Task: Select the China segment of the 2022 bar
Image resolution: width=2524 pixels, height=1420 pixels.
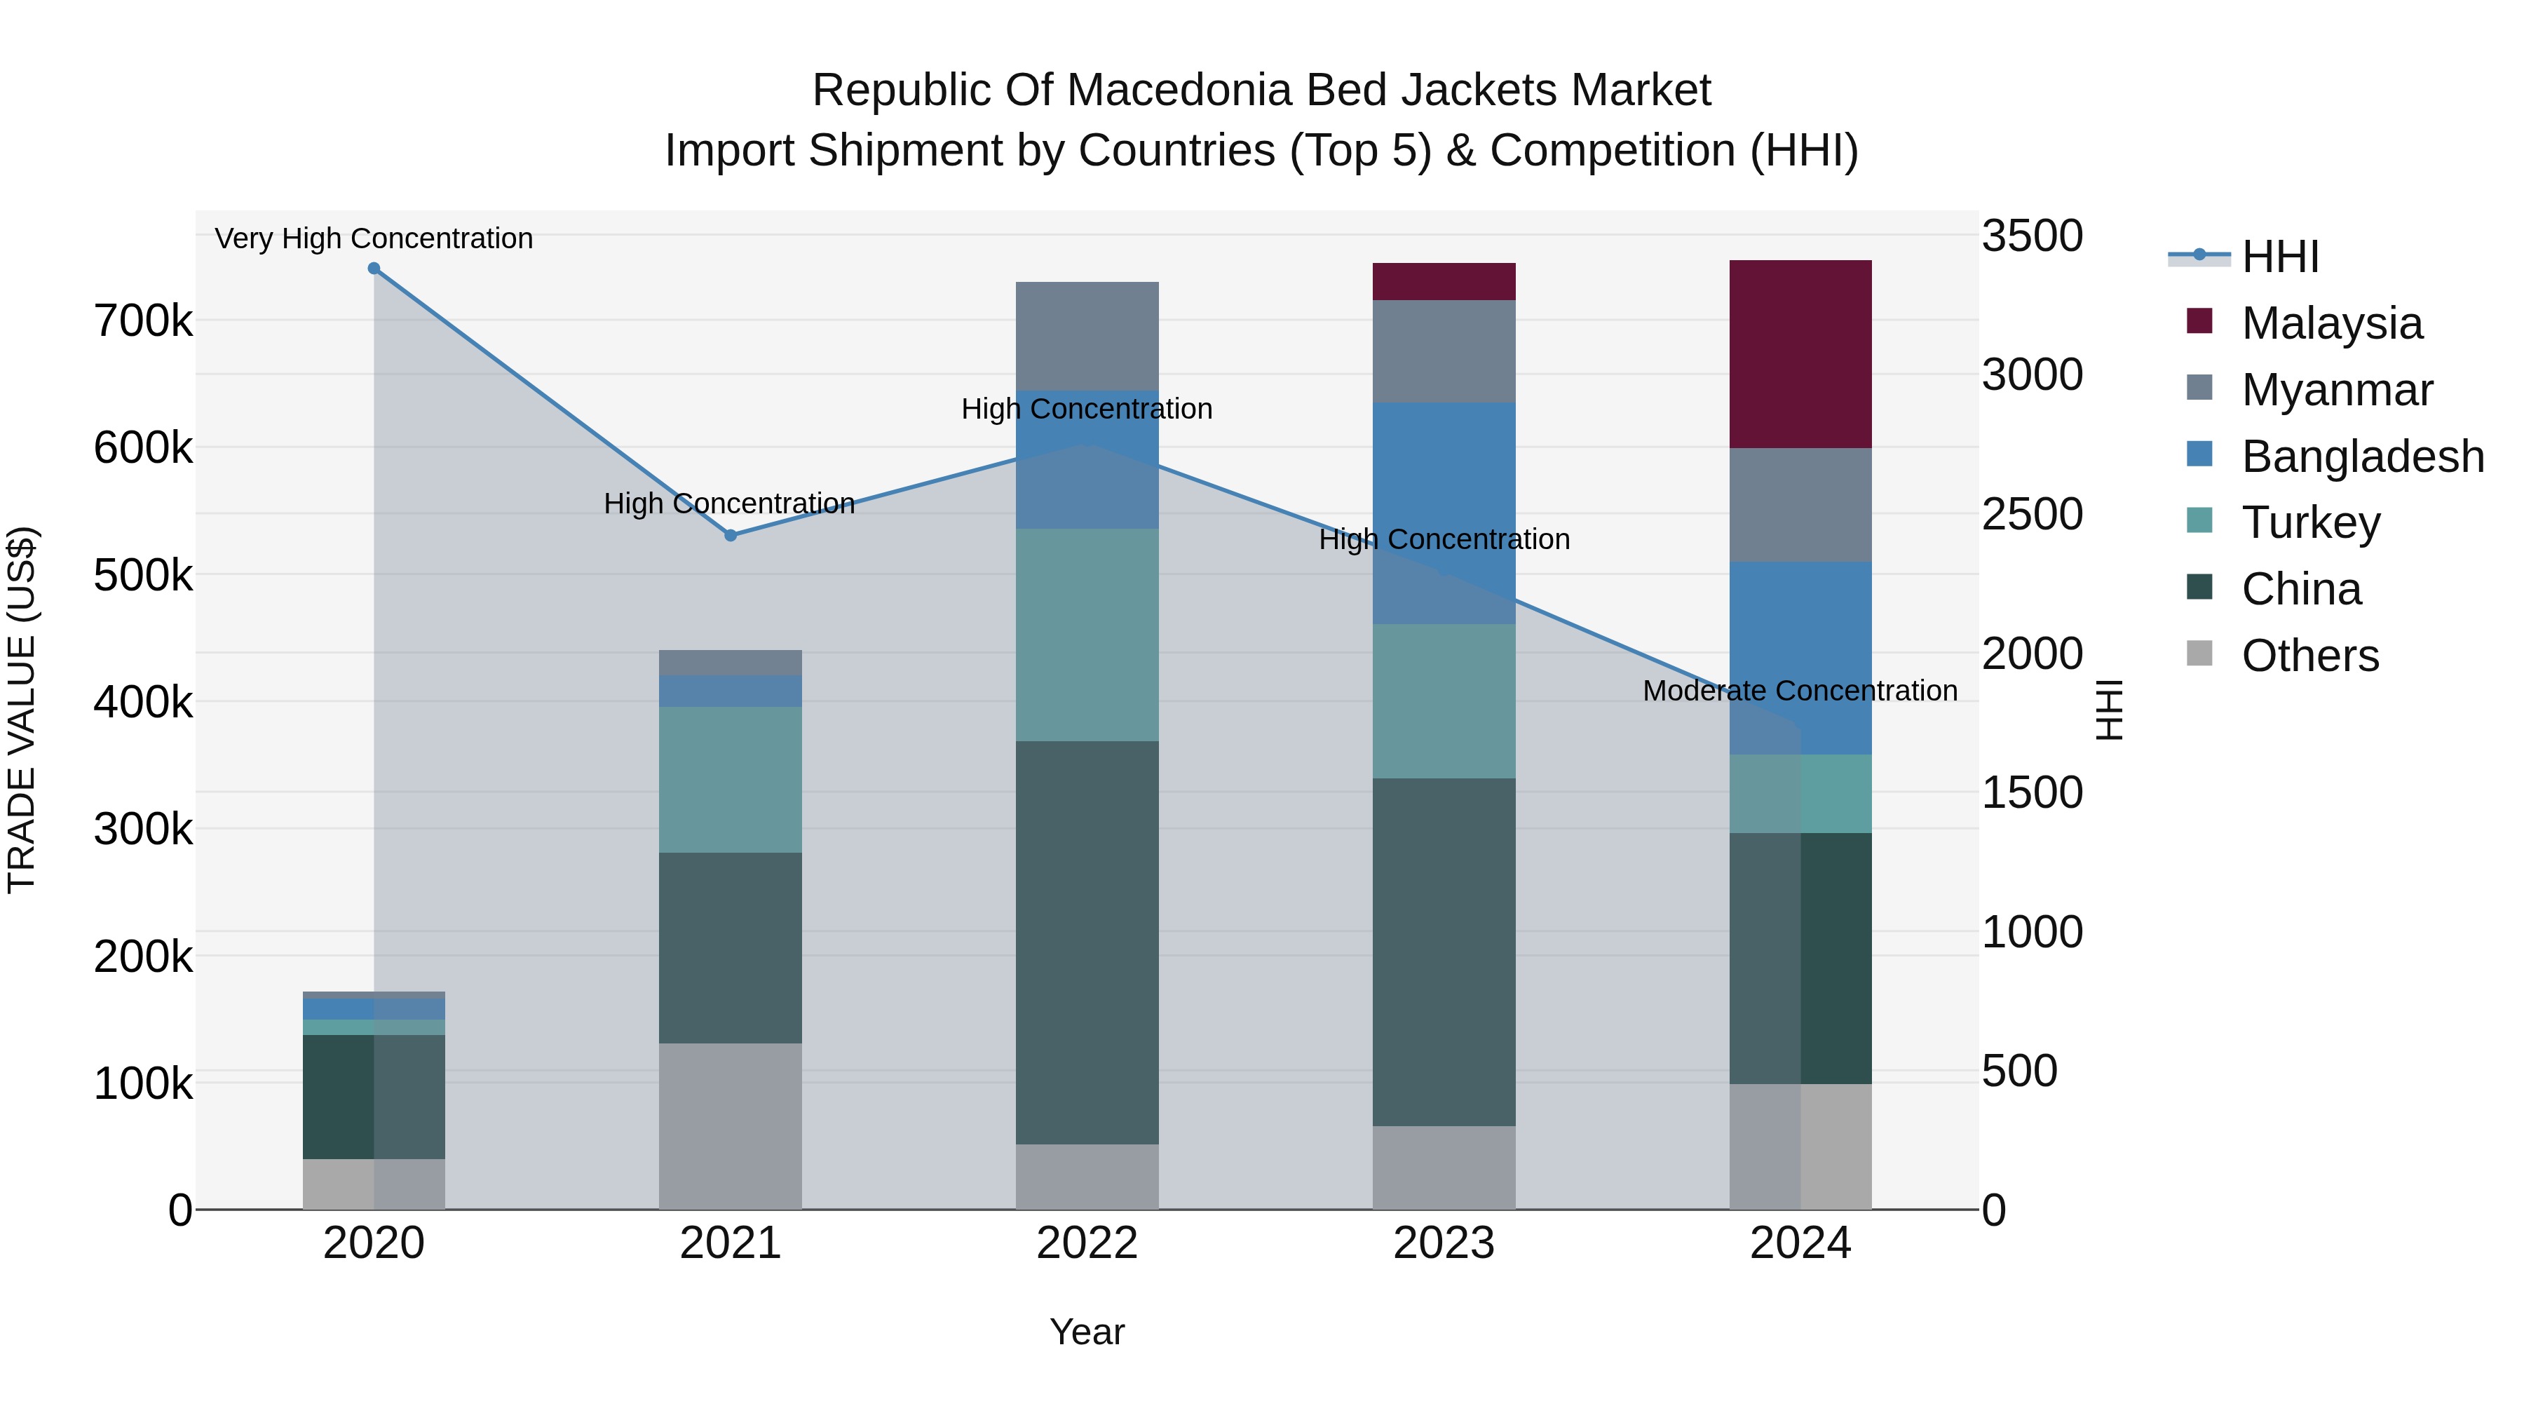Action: tap(1087, 942)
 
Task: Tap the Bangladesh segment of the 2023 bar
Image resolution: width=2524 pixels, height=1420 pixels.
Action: tap(1444, 513)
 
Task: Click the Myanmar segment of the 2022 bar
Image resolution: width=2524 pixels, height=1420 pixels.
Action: tap(1087, 335)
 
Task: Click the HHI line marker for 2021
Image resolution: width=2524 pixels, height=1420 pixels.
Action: tap(730, 535)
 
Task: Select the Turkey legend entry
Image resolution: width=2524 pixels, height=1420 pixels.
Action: tap(2309, 522)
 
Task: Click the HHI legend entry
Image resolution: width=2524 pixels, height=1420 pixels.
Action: tap(2279, 257)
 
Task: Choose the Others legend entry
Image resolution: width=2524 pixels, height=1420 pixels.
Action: tap(2309, 656)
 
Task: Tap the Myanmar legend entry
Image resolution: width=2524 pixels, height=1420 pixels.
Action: tap(2336, 390)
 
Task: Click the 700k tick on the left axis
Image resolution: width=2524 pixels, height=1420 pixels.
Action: tap(143, 321)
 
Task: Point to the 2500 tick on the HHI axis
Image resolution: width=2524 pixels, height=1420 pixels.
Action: tap(2031, 515)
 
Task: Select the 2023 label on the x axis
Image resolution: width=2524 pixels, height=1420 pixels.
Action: tap(1444, 1243)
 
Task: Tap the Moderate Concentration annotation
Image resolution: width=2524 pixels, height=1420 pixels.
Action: tap(1799, 691)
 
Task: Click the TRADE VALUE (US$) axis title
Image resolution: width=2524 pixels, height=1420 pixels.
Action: tap(22, 710)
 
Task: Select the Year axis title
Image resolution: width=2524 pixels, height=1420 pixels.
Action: tap(1087, 1332)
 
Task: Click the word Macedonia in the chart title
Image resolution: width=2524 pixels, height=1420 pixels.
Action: tap(1166, 90)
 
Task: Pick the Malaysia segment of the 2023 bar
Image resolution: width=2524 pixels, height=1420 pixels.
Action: tap(1444, 281)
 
